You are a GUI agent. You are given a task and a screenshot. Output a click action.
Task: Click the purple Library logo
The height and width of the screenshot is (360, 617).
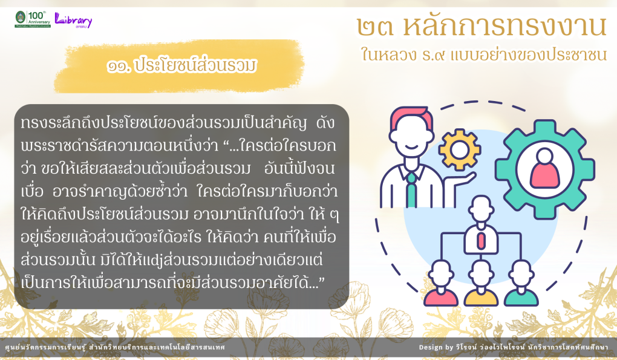pos(73,20)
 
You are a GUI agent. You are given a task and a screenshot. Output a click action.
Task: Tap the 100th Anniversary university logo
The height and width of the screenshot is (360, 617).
pos(33,19)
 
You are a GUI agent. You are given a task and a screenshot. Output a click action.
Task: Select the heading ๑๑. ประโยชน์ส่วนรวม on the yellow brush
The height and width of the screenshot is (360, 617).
pos(181,66)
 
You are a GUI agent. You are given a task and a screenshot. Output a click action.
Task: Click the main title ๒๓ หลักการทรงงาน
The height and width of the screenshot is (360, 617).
pos(482,27)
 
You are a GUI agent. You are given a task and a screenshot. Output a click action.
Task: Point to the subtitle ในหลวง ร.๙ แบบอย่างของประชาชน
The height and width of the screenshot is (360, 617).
pos(484,54)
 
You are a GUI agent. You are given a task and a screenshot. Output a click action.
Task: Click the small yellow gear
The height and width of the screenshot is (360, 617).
pos(460,149)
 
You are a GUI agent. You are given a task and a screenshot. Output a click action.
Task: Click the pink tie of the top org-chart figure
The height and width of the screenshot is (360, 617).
pos(481,241)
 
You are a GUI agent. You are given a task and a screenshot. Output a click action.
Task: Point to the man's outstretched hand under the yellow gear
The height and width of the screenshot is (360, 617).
pos(465,178)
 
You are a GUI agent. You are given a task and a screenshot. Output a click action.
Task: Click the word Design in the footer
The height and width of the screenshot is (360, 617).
pos(431,347)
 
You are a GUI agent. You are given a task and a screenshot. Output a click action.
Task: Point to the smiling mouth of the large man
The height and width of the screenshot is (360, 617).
pos(411,146)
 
